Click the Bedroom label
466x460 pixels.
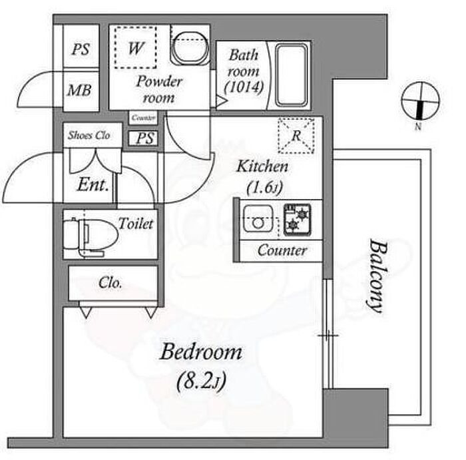pos(200,352)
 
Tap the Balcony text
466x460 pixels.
pos(376,276)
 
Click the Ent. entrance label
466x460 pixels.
pos(94,184)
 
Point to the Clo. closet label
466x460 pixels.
pos(111,283)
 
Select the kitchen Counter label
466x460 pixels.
pos(282,251)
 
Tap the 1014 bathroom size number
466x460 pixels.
pos(244,87)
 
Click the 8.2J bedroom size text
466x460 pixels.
pos(200,381)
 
